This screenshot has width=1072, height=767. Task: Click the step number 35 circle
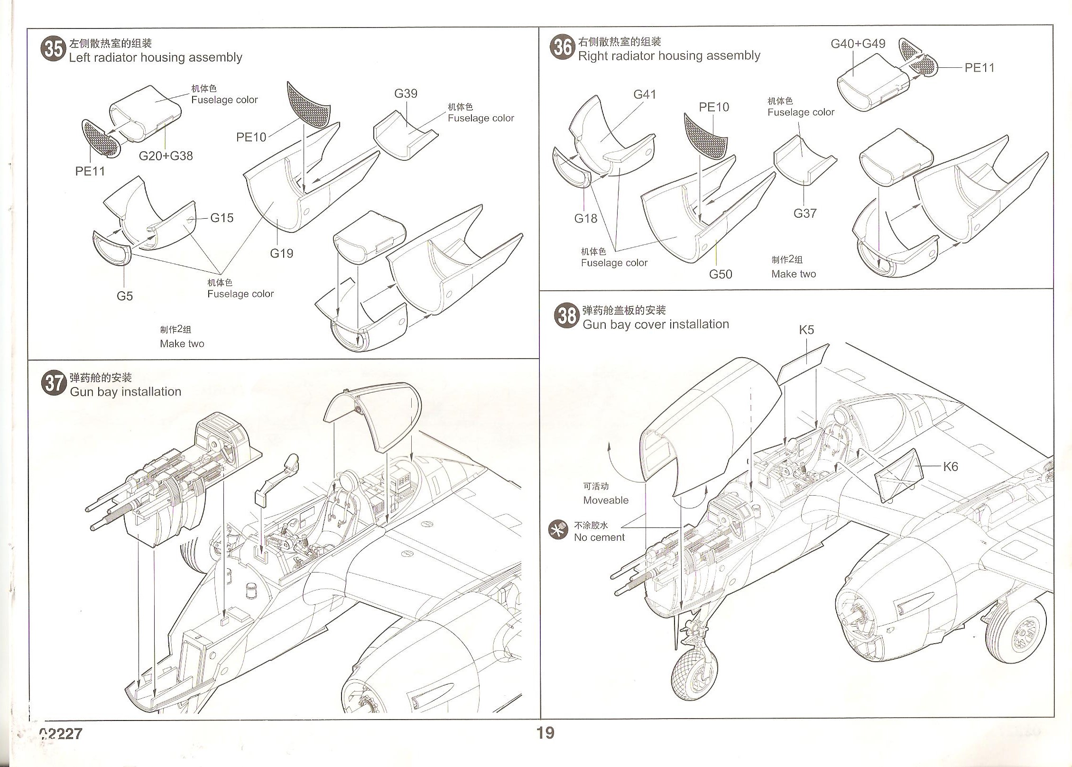click(53, 49)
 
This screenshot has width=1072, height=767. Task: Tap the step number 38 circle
click(567, 316)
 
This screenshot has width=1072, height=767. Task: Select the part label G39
click(406, 93)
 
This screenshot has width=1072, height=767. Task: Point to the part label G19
click(281, 253)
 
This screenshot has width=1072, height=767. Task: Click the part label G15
click(222, 218)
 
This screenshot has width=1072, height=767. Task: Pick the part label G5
click(125, 296)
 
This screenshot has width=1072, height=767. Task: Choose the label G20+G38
click(166, 156)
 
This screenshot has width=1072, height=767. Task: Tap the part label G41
click(645, 94)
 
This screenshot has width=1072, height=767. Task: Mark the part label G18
click(585, 219)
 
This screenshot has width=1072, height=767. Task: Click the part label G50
click(721, 274)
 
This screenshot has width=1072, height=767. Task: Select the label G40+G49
click(858, 44)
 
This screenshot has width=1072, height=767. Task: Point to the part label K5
click(806, 330)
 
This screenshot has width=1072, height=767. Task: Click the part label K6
click(951, 467)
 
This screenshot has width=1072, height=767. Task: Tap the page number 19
click(545, 733)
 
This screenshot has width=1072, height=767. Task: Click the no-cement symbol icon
click(558, 531)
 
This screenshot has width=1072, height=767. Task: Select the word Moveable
click(606, 500)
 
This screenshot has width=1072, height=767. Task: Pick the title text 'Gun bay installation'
click(125, 392)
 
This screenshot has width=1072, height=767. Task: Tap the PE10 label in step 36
click(714, 107)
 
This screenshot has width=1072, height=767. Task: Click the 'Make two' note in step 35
click(182, 344)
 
